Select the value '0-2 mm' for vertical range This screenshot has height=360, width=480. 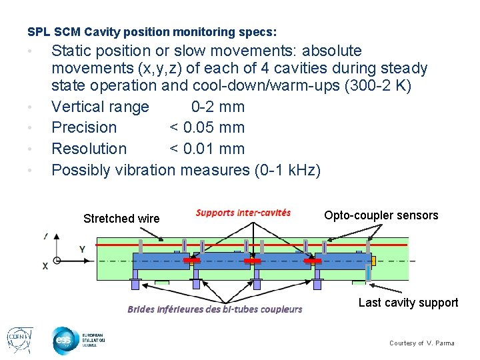[x=217, y=107]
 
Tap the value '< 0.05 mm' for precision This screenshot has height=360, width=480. [x=207, y=127]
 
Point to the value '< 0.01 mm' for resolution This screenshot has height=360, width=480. [x=207, y=149]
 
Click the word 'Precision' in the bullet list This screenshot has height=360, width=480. [x=84, y=127]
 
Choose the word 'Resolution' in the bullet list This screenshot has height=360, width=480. [x=89, y=149]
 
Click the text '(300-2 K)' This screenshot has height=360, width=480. [x=376, y=86]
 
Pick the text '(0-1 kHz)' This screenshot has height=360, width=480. [x=287, y=170]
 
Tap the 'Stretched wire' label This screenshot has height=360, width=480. [x=121, y=219]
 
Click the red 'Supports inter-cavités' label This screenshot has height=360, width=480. [x=243, y=213]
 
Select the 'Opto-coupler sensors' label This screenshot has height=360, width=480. [x=381, y=215]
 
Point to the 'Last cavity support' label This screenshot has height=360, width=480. [x=408, y=303]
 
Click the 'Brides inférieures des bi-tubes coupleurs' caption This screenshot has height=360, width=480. [x=215, y=309]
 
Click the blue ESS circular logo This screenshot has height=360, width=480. [x=65, y=340]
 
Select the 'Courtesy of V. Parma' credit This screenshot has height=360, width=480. [x=421, y=343]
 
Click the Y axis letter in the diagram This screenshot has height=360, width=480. [x=82, y=249]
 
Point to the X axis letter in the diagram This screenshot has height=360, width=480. [x=45, y=265]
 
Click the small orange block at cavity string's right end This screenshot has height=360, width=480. [x=375, y=259]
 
